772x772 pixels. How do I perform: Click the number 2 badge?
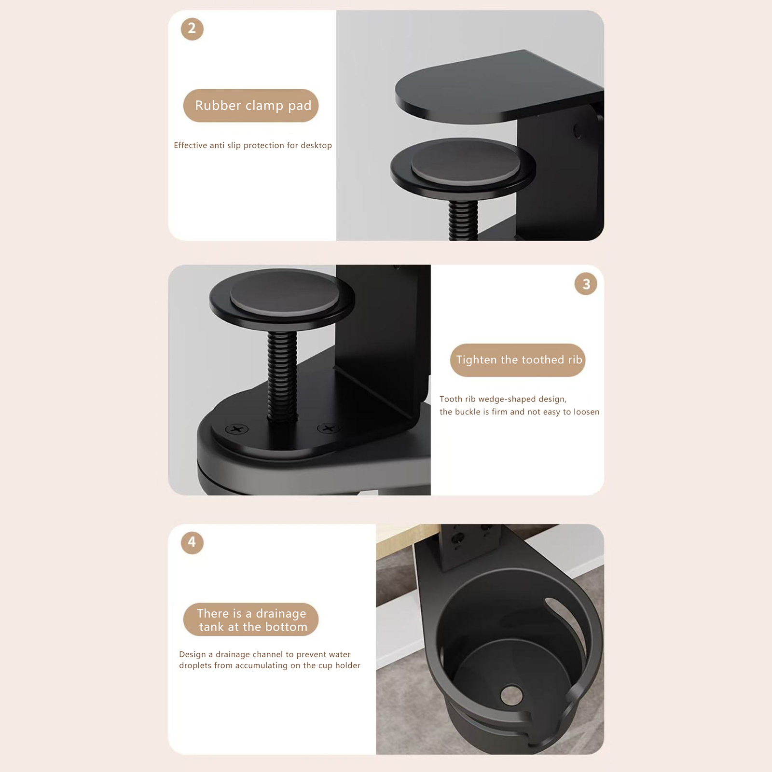tap(192, 29)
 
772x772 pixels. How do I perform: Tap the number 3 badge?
tap(586, 284)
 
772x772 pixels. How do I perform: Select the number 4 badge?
tap(192, 543)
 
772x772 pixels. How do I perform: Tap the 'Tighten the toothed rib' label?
tap(518, 360)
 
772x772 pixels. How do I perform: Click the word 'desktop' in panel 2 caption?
tap(316, 145)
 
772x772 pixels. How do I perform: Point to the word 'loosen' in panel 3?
tap(586, 412)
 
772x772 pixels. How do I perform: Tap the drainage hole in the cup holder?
tap(512, 695)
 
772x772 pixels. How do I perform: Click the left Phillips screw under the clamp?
tap(237, 428)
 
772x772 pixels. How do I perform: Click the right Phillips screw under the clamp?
tap(328, 428)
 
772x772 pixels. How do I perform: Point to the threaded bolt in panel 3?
tap(282, 376)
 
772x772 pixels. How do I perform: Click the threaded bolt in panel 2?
tap(463, 220)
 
